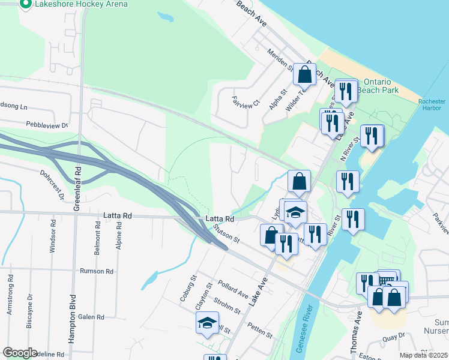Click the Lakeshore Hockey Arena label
click(x=82, y=4)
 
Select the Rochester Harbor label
click(x=432, y=105)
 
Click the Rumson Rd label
click(x=97, y=271)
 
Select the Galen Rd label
click(x=91, y=317)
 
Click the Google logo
click(x=20, y=352)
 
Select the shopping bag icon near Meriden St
click(x=304, y=76)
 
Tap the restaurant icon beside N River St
click(x=372, y=136)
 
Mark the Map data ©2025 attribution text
click(x=423, y=355)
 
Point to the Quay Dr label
click(x=394, y=339)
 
